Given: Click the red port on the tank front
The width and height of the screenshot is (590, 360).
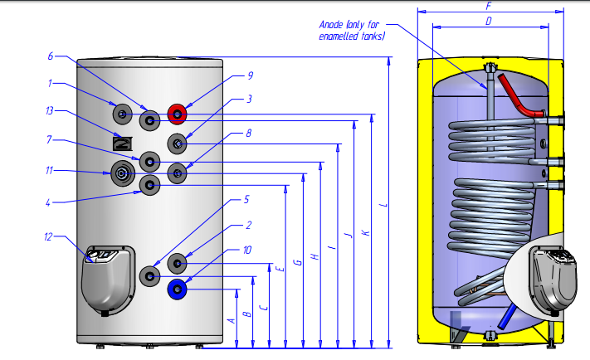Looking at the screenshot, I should point(178,113).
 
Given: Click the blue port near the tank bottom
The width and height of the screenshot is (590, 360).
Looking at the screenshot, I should point(177,289).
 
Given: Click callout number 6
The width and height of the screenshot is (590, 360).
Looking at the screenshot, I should point(51,56).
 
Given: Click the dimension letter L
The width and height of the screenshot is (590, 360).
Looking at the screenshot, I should point(383,206).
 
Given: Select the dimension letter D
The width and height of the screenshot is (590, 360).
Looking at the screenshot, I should point(489,20).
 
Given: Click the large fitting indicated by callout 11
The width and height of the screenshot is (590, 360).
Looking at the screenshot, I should point(124,174).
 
